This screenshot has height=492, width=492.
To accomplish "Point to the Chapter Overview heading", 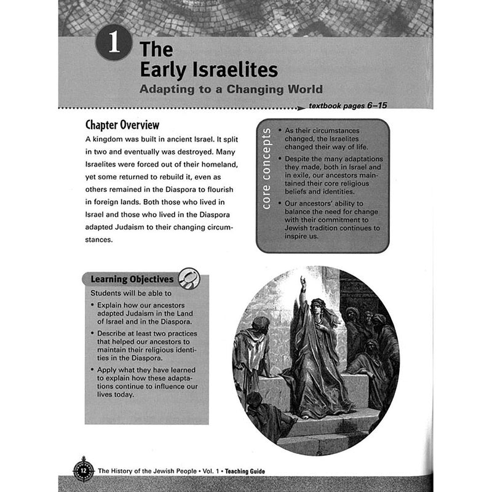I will pyautogui.click(x=122, y=125).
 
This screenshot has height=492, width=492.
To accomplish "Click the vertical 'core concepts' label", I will pyautogui.click(x=266, y=177).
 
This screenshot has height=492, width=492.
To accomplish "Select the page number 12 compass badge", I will pyautogui.click(x=84, y=470).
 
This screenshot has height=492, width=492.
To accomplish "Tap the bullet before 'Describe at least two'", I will pyautogui.click(x=92, y=333).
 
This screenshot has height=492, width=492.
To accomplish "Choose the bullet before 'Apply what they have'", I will pyautogui.click(x=92, y=370).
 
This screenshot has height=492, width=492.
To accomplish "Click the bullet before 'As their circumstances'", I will pyautogui.click(x=280, y=131).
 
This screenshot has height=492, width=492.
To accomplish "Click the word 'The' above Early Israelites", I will pyautogui.click(x=156, y=48).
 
